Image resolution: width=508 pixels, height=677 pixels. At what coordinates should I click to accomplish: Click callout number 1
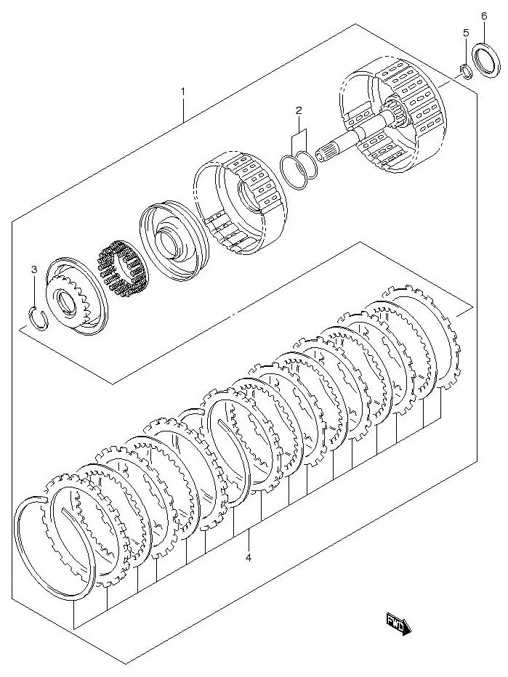pos(183,92)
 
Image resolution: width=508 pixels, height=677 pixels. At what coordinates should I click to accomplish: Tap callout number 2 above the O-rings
pos(298,110)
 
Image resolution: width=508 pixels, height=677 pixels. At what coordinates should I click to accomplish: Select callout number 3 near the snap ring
pos(33,271)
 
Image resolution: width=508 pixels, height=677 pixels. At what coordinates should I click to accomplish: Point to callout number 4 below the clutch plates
pos(248,558)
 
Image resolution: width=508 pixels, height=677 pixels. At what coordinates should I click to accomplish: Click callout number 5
pos(466,33)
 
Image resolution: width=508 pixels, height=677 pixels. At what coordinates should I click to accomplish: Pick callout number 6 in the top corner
pos(484,15)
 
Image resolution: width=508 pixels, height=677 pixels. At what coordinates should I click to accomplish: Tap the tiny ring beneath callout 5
pos(463,70)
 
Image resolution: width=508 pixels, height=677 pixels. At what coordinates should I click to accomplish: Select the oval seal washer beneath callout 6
pos(483,61)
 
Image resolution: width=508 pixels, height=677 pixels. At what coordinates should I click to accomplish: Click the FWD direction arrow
pos(398,622)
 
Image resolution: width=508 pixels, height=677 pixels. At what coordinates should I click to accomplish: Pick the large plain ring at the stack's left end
pos(55,545)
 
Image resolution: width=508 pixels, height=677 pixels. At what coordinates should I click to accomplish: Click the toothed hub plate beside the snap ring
pos(76,298)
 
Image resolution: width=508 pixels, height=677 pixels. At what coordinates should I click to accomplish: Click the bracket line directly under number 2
pos(298,135)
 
